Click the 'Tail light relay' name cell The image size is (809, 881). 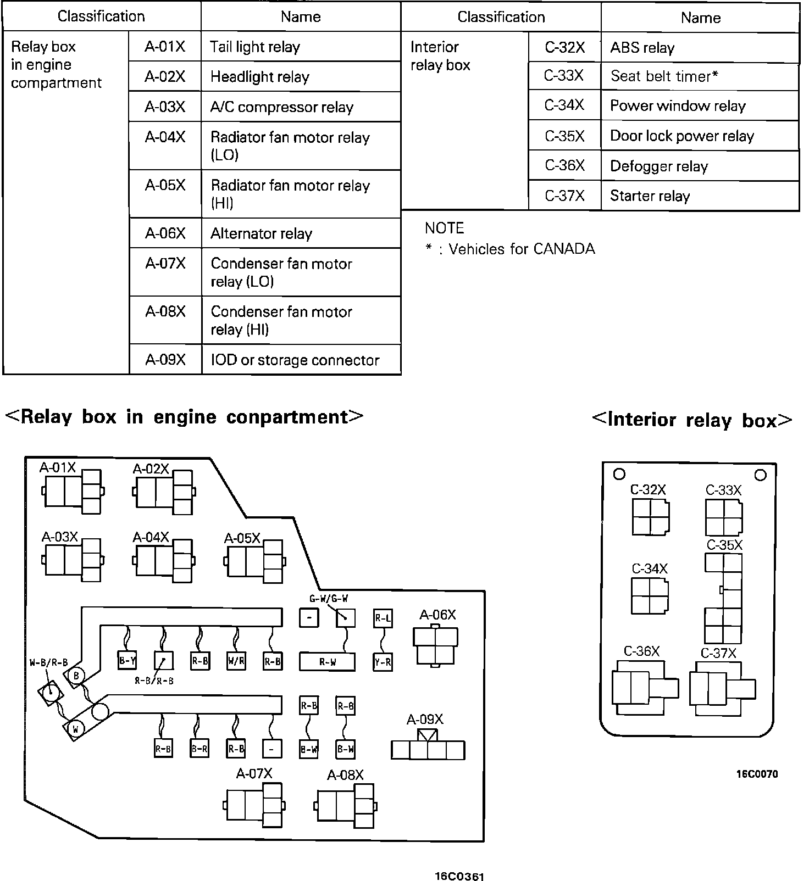click(301, 47)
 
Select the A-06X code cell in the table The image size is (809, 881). click(165, 233)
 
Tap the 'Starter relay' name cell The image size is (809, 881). click(700, 196)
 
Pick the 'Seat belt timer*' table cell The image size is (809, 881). click(700, 76)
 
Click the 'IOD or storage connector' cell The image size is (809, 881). click(301, 360)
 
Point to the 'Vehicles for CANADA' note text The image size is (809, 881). click(521, 249)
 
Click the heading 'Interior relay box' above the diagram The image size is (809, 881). click(692, 420)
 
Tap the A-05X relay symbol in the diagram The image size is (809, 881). click(254, 561)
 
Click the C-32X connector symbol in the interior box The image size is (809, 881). click(650, 516)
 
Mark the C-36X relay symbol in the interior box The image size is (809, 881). click(644, 688)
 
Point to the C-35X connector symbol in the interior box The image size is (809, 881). click(723, 598)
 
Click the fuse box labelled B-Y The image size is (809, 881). click(128, 661)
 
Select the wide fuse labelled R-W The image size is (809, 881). click(327, 662)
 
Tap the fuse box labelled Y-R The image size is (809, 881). click(383, 662)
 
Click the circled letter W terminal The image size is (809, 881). click(75, 729)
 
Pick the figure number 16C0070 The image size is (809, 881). click(757, 774)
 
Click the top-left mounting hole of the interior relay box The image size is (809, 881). click(619, 474)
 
